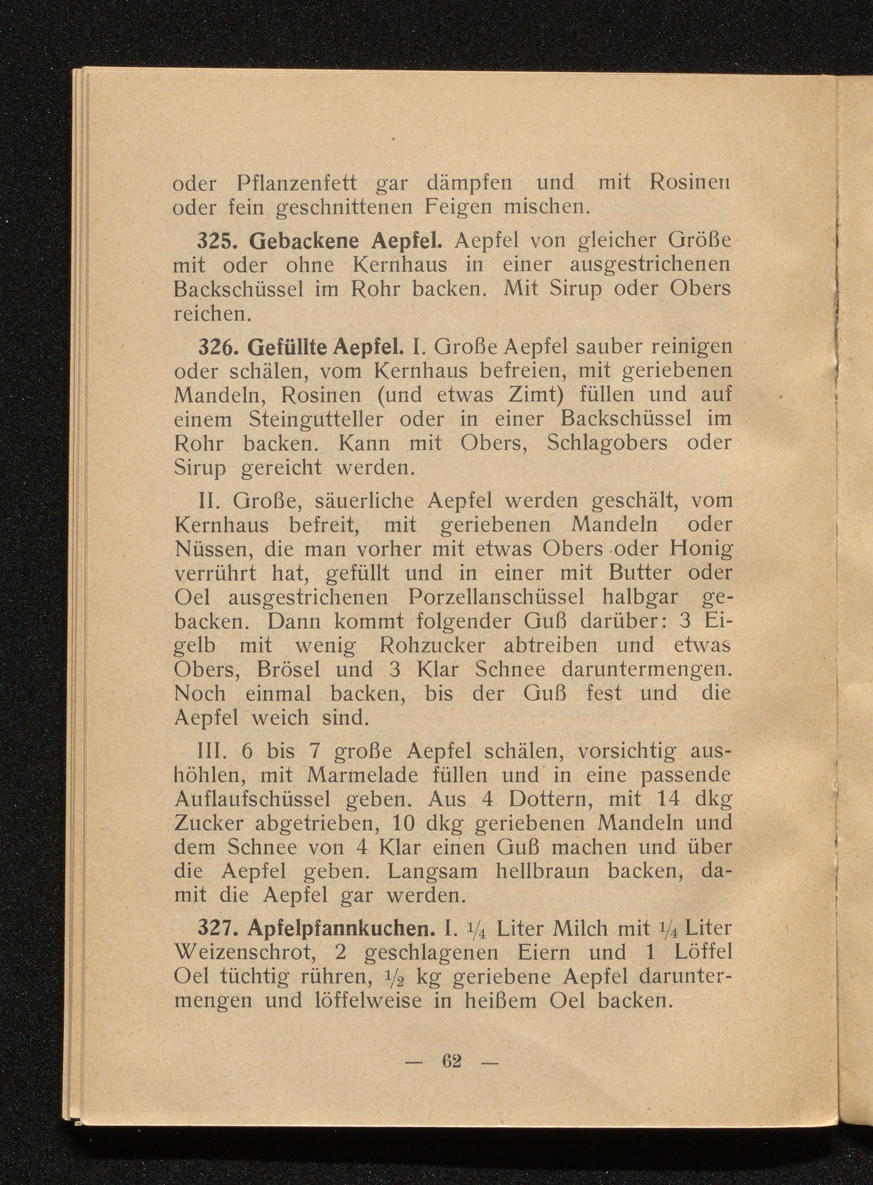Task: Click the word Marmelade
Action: tap(374, 776)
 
